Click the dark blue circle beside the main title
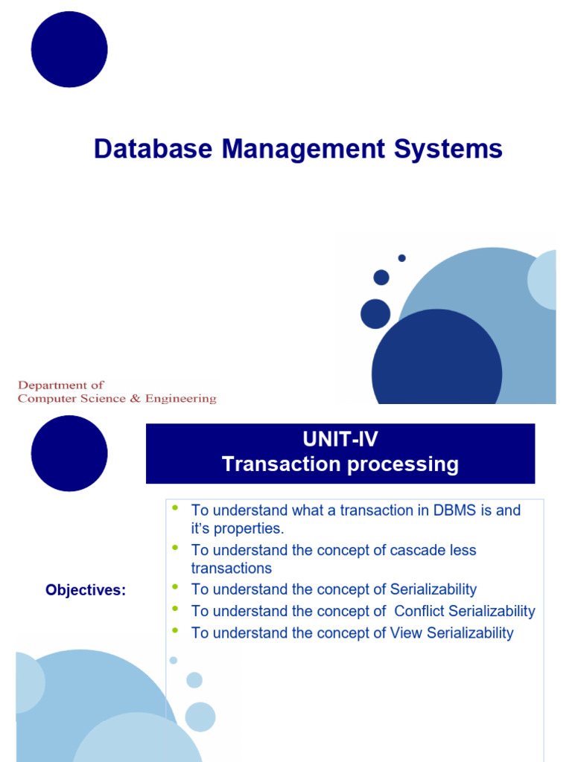[69, 49]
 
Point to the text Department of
[61, 385]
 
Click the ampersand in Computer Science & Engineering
[135, 398]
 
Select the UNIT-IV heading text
[340, 440]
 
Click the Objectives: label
[86, 590]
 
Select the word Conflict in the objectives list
[423, 611]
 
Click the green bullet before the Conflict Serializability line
[176, 609]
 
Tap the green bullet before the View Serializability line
[176, 630]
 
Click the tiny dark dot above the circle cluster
[401, 258]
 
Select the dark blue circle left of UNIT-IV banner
[69, 453]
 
